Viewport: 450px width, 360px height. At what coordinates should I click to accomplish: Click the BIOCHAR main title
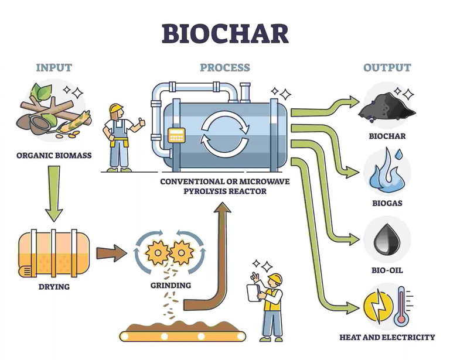[225, 33]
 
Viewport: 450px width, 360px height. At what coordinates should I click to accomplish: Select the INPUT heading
[54, 67]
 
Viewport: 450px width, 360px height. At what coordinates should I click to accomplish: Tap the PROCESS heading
[224, 67]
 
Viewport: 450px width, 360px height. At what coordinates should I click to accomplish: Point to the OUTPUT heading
[387, 67]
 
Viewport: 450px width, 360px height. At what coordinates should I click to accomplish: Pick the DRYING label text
[53, 287]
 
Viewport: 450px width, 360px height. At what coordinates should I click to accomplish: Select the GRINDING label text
[171, 285]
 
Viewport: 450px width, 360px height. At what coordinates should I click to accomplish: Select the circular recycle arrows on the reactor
[221, 132]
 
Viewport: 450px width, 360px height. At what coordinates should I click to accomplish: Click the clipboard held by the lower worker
[254, 291]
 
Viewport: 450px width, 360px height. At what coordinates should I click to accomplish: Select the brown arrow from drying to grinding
[111, 253]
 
